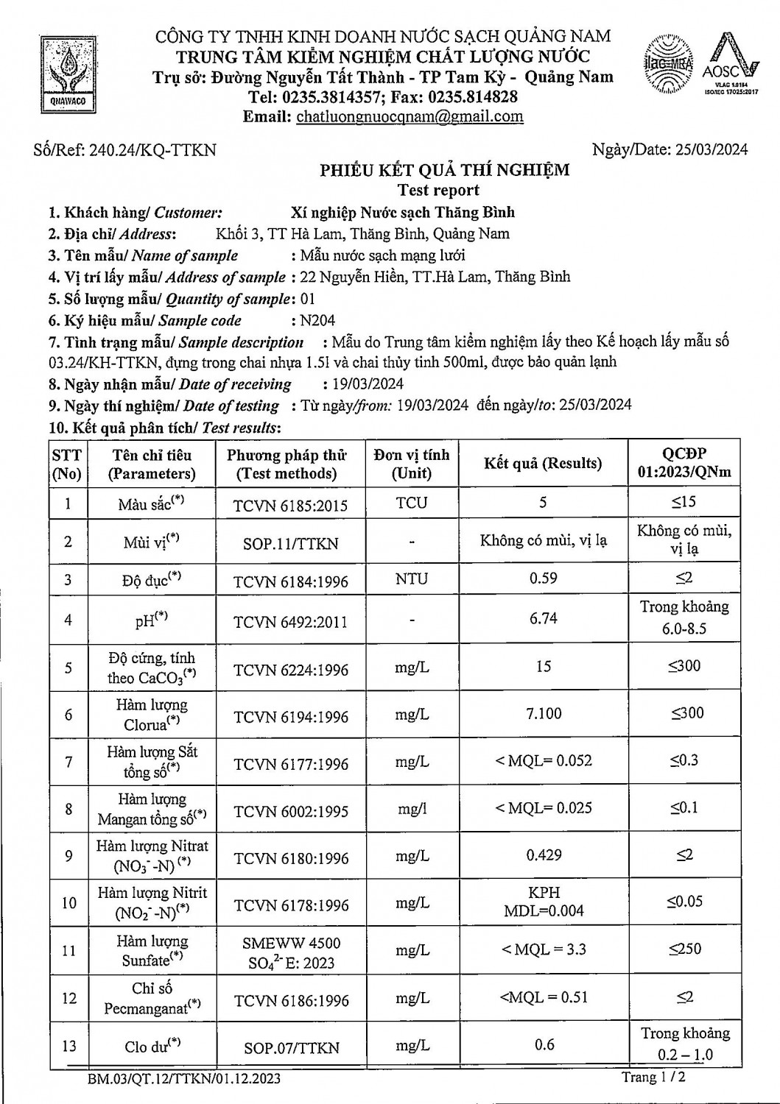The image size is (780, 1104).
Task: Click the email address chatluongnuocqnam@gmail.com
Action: point(410,116)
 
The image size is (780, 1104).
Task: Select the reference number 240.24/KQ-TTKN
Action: point(152,150)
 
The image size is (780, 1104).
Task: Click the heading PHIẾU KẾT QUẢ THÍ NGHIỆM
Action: point(444,171)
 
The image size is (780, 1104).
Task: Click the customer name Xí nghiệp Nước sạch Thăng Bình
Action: point(403,213)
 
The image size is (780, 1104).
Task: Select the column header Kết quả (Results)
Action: point(543,464)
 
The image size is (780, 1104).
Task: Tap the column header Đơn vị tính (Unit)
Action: point(411,464)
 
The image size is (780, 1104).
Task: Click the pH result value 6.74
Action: point(544,618)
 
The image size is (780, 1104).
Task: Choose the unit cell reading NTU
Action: point(411,578)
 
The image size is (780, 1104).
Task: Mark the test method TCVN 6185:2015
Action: point(290,506)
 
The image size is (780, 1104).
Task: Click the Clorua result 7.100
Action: point(544,713)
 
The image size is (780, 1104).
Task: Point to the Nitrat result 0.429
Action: point(544,855)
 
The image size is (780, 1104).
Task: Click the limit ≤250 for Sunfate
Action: point(684,949)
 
